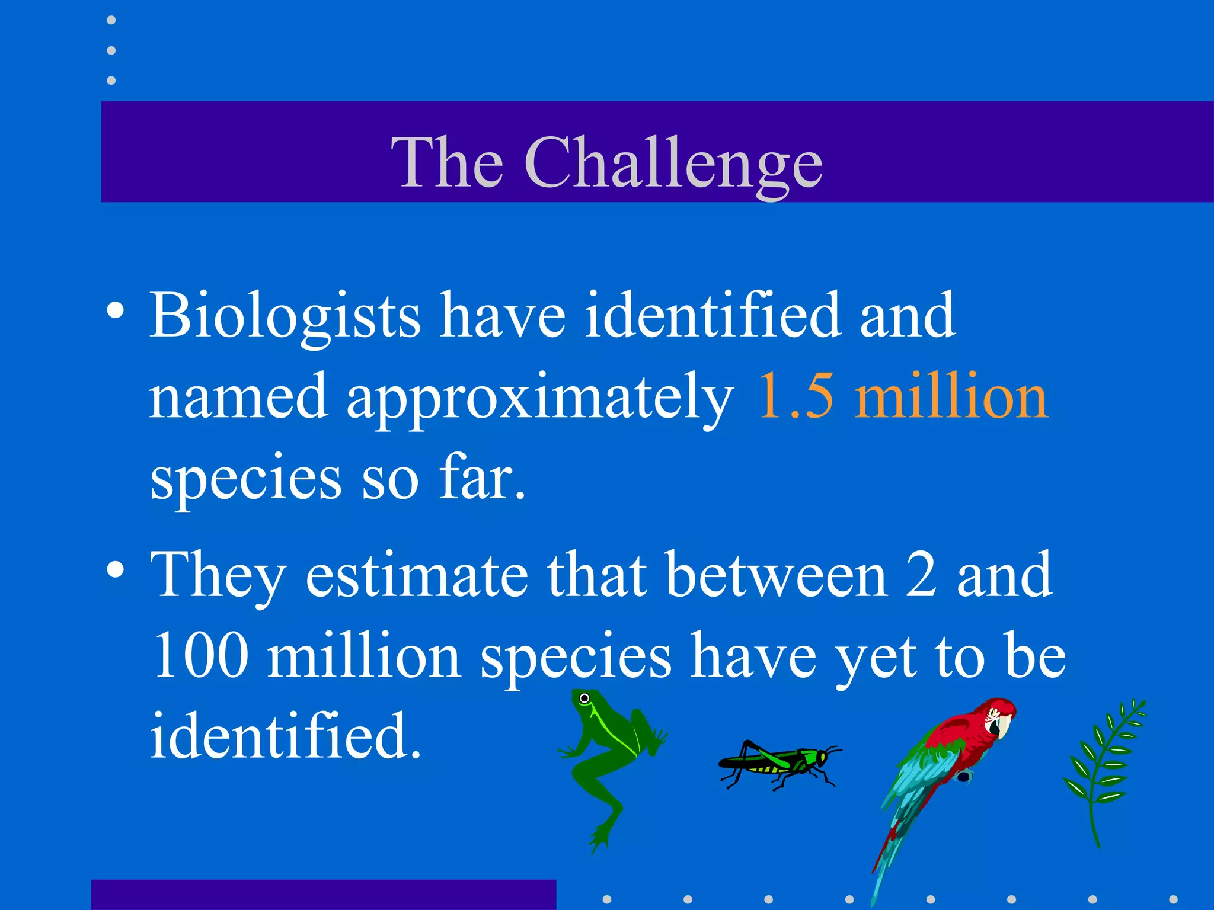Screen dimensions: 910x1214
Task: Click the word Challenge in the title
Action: [x=673, y=162]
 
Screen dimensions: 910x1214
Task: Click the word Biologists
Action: [x=285, y=315]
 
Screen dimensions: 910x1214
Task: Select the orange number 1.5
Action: [x=796, y=396]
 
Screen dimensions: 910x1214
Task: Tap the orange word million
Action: [x=951, y=396]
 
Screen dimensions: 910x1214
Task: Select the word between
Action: [x=777, y=575]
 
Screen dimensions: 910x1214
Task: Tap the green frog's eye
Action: [x=584, y=698]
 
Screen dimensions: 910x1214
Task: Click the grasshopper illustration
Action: [x=777, y=763]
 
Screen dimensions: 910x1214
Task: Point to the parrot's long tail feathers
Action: [x=889, y=853]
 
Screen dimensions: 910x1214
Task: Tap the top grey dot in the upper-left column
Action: [x=111, y=20]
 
